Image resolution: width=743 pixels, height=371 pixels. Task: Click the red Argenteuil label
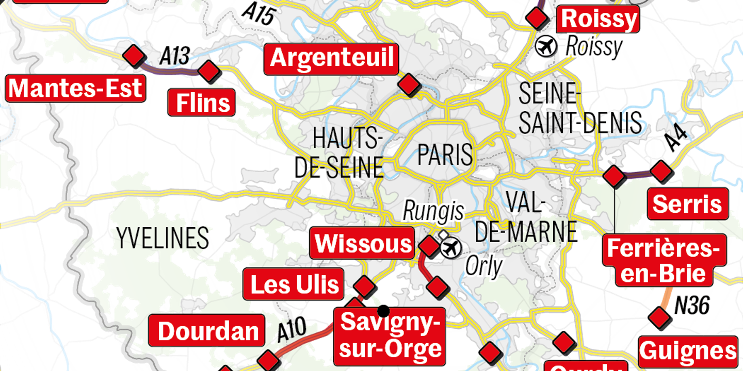tap(331, 59)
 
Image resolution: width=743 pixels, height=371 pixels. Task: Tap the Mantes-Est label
tap(75, 88)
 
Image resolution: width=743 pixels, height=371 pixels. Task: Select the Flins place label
tap(202, 103)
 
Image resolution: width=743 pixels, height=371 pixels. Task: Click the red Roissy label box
tap(599, 19)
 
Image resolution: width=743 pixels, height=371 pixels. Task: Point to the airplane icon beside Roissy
tap(546, 47)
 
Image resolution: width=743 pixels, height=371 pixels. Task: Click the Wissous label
tap(363, 244)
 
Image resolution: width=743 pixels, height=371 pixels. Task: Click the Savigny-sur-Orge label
tap(390, 336)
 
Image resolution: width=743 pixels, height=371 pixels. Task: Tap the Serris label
tap(687, 204)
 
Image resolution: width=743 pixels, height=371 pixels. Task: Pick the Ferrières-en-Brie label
tap(664, 261)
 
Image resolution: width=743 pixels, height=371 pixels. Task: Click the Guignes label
tap(688, 351)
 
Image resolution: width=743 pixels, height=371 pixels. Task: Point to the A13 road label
tap(174, 56)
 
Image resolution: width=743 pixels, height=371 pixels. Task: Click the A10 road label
tap(292, 329)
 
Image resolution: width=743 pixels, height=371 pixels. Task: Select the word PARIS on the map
tap(445, 154)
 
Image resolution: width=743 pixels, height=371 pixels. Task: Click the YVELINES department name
tap(163, 238)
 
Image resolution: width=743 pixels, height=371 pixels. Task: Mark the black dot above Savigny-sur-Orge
tap(383, 311)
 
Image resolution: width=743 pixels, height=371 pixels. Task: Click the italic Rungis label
tap(433, 211)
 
